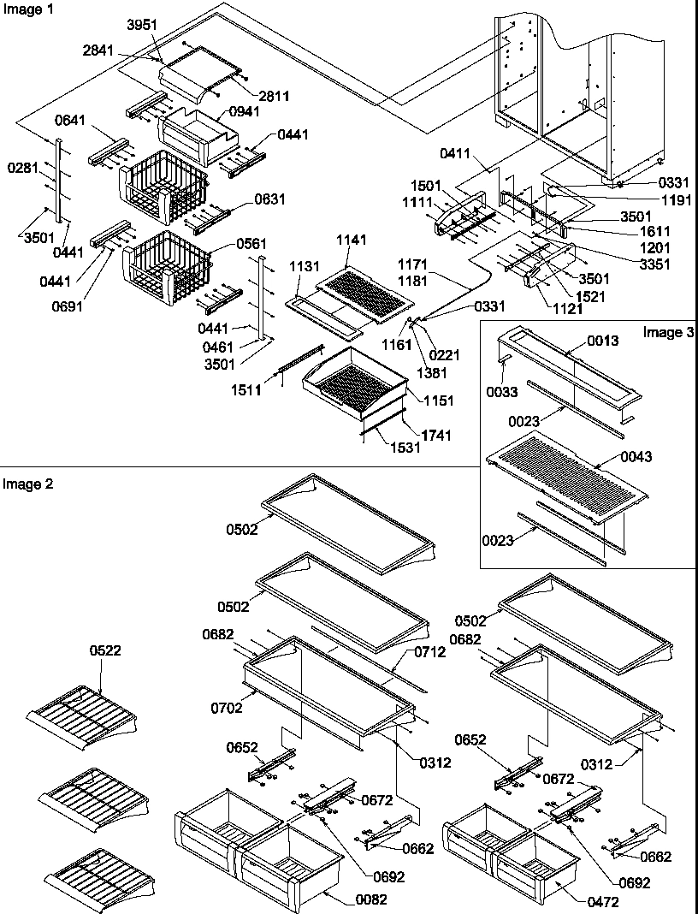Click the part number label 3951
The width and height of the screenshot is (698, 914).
(x=143, y=24)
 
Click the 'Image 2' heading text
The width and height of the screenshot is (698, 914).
(x=27, y=484)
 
